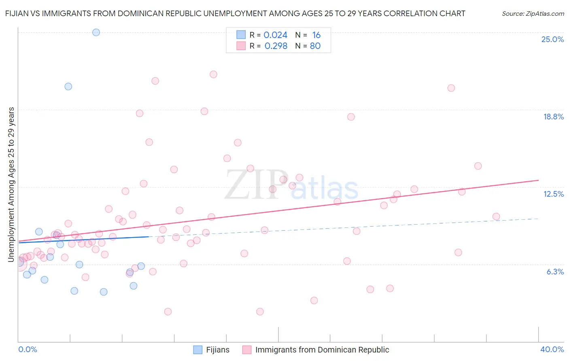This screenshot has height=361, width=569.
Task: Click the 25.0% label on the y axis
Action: (x=552, y=39)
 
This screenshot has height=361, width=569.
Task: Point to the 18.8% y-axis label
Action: (x=553, y=117)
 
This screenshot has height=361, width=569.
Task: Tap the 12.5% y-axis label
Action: (x=553, y=194)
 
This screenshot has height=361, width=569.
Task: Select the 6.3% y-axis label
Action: (x=555, y=272)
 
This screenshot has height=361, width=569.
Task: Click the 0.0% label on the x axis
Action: (x=28, y=349)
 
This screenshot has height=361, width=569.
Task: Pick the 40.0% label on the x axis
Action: (x=552, y=349)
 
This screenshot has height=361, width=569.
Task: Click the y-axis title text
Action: (x=11, y=185)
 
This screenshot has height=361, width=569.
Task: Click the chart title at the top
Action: (x=235, y=13)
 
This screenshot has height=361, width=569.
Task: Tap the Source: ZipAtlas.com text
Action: (x=533, y=13)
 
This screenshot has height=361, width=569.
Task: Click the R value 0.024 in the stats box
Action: (x=275, y=35)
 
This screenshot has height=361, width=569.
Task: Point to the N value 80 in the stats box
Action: (x=315, y=46)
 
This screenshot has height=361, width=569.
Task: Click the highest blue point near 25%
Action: (x=96, y=32)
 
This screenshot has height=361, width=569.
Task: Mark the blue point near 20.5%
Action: (x=68, y=86)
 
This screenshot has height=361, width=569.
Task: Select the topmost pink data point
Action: (x=213, y=74)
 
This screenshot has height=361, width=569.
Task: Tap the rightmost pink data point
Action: (x=496, y=217)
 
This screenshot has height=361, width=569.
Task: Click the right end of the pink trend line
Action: (x=538, y=180)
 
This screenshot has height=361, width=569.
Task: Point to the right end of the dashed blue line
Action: (x=538, y=219)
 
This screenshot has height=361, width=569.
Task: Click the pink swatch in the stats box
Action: (x=241, y=46)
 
